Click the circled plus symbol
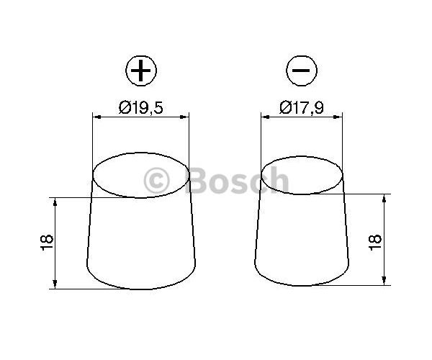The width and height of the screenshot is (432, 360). click(141, 71)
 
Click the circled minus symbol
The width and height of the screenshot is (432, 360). click(302, 71)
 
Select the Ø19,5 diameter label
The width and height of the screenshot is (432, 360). click(141, 107)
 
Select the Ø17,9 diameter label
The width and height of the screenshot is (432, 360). click(302, 107)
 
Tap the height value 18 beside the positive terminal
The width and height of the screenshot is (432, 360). click(47, 243)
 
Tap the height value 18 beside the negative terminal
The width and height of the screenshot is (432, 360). click(375, 243)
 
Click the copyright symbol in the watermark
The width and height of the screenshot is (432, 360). click(156, 181)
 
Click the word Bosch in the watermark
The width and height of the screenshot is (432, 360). click(238, 181)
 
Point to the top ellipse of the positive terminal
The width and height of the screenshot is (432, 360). click(141, 197)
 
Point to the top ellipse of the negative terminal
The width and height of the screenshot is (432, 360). click(302, 194)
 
